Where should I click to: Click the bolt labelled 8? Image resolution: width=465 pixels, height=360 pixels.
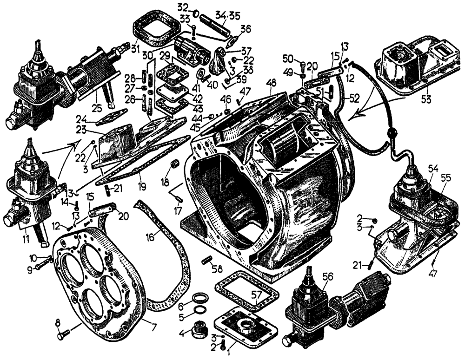tap(64, 333)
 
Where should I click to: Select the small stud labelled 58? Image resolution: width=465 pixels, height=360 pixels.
tap(206, 260)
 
